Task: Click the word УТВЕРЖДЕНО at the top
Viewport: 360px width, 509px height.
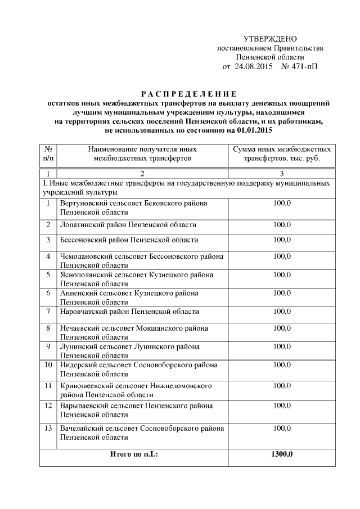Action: [x=269, y=39]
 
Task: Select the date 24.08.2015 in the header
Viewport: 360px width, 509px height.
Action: [x=254, y=66]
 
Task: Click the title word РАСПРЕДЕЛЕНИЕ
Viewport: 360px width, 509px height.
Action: [x=188, y=94]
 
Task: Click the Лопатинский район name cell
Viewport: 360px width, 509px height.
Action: [x=128, y=225]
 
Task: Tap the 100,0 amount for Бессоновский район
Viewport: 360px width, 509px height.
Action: [x=282, y=240]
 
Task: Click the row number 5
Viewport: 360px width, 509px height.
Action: [x=48, y=275]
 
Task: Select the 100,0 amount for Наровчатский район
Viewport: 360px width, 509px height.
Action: [x=282, y=312]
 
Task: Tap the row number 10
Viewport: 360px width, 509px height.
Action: [x=48, y=365]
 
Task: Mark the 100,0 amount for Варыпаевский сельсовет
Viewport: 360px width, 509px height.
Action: [x=282, y=406]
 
